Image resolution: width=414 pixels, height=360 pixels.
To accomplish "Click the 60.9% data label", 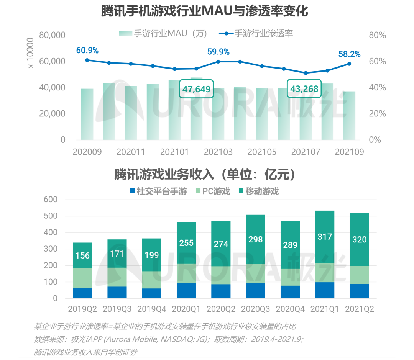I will pyautogui.click(x=87, y=51).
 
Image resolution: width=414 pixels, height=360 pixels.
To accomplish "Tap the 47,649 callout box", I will pyautogui.click(x=196, y=89).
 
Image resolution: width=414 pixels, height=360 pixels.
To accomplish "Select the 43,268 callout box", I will pyautogui.click(x=304, y=89).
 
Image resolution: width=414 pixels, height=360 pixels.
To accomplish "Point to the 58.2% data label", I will pyautogui.click(x=349, y=54).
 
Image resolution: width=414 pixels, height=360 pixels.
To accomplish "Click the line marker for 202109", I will pyautogui.click(x=349, y=64).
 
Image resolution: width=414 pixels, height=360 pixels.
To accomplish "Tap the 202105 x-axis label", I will pyautogui.click(x=262, y=152).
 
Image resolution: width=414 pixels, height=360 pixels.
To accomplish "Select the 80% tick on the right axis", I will pyautogui.click(x=377, y=35).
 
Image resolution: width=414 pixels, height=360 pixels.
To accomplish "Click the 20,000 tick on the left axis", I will pyautogui.click(x=52, y=114).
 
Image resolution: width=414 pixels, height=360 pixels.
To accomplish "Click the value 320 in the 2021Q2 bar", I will pyautogui.click(x=360, y=240).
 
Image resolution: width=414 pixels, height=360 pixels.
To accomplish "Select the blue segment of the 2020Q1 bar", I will pyautogui.click(x=186, y=291).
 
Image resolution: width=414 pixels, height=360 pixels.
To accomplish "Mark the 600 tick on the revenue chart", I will pyautogui.click(x=50, y=200).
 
